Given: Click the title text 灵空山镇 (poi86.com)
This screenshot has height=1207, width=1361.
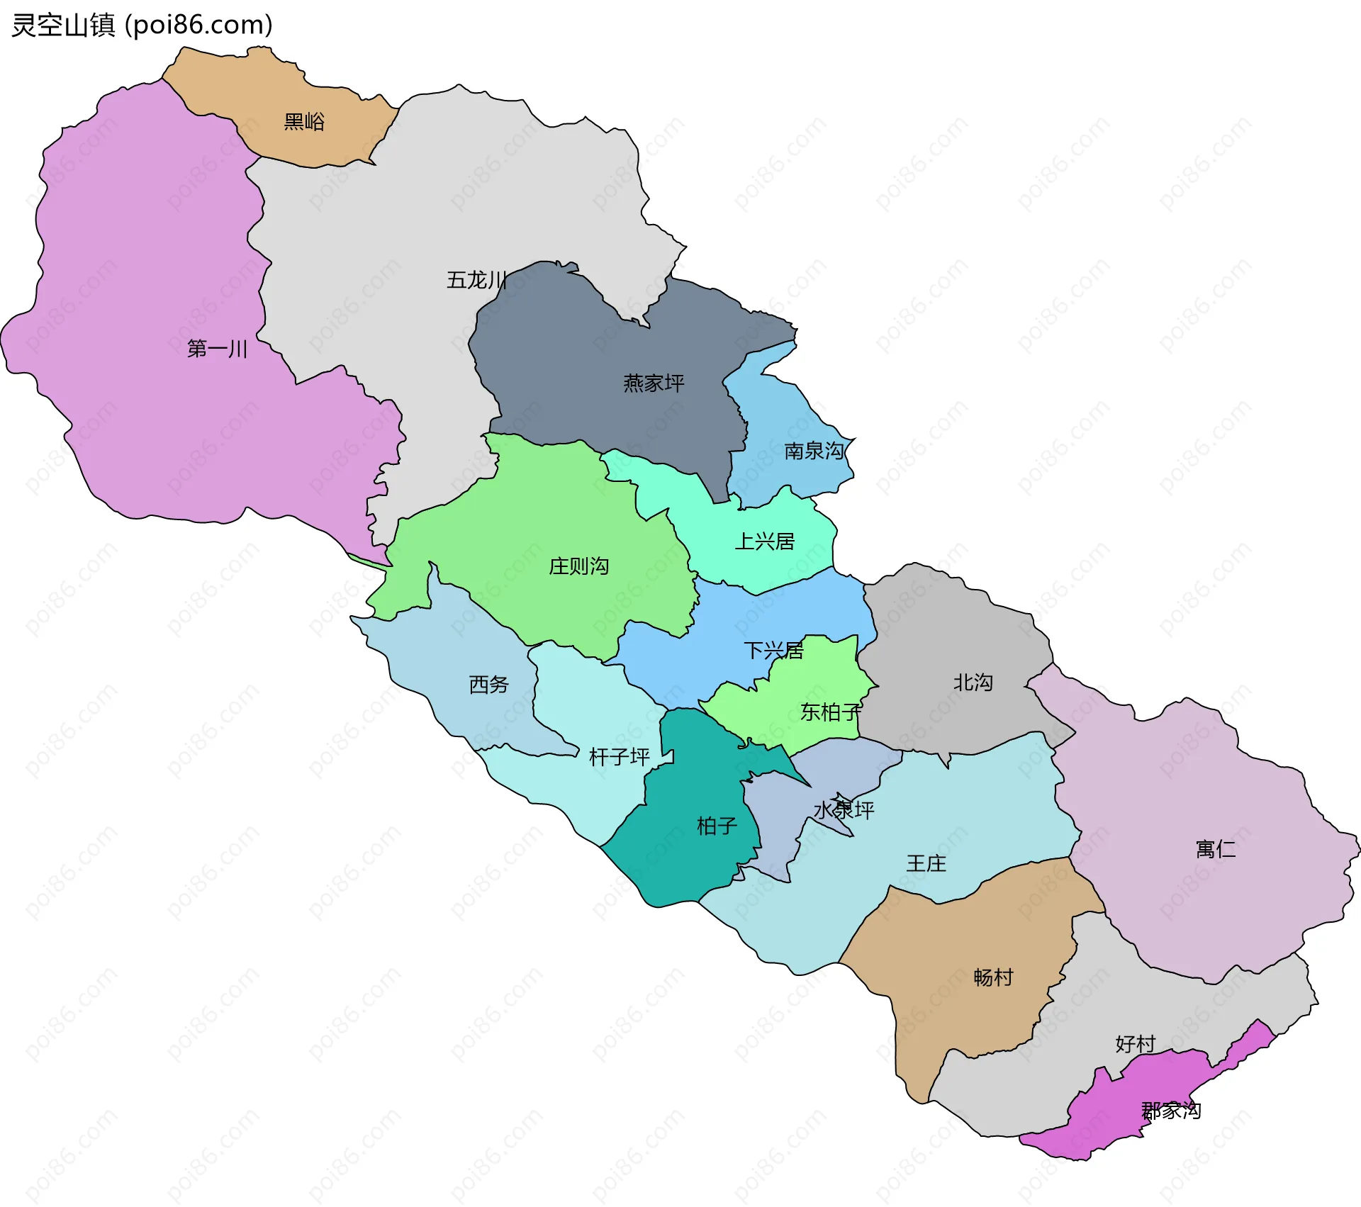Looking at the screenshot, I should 142,26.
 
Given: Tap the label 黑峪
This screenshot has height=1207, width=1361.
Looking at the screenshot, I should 304,122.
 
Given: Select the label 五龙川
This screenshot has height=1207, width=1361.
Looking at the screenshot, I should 476,280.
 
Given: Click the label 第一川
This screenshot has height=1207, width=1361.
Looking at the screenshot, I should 217,349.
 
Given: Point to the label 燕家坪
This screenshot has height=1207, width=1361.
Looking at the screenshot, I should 654,383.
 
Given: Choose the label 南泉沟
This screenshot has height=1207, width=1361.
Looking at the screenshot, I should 814,451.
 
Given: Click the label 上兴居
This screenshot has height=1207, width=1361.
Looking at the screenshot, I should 764,541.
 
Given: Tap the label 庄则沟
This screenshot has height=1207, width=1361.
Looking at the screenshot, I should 578,566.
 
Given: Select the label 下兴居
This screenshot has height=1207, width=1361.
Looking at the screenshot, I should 773,651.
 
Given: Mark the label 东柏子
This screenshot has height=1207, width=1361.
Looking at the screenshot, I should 831,712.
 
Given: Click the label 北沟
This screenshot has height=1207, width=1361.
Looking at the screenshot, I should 973,683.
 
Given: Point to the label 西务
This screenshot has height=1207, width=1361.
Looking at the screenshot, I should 489,685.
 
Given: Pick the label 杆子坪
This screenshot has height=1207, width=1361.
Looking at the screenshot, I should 619,757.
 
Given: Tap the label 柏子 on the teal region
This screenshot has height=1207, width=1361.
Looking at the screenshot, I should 717,826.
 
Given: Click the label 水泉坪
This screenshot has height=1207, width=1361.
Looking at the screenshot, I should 844,810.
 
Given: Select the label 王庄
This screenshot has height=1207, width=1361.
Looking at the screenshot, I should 926,863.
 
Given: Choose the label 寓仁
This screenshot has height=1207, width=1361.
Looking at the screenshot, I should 1215,849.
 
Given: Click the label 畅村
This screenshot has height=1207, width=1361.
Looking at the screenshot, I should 993,977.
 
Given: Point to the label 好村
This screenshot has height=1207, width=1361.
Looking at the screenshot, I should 1135,1044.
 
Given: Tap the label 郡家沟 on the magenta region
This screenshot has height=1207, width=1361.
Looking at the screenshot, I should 1171,1111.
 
